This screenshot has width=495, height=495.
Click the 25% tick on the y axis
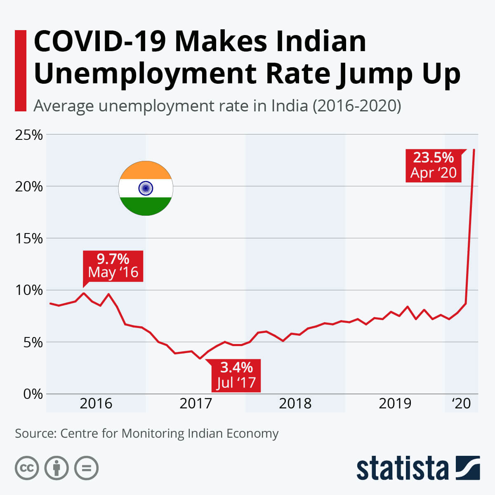(29, 135)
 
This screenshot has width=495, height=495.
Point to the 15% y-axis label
(29, 238)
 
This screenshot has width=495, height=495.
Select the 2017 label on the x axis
(196, 403)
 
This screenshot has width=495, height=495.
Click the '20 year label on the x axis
(461, 403)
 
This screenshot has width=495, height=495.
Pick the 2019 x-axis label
(395, 403)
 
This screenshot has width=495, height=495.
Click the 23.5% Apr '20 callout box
(433, 165)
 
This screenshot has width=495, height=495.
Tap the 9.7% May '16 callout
(113, 266)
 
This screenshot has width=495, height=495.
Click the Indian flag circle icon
(146, 189)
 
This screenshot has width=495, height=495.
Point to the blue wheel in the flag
(146, 189)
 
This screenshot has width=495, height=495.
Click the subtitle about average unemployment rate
(217, 106)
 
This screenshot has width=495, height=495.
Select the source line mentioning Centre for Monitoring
(147, 434)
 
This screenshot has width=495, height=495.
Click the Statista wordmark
(402, 468)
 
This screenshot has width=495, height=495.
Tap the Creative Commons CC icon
(27, 468)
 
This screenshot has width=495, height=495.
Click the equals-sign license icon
(87, 468)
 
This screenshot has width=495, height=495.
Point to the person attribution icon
(57, 468)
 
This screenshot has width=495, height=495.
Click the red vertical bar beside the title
(21, 70)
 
